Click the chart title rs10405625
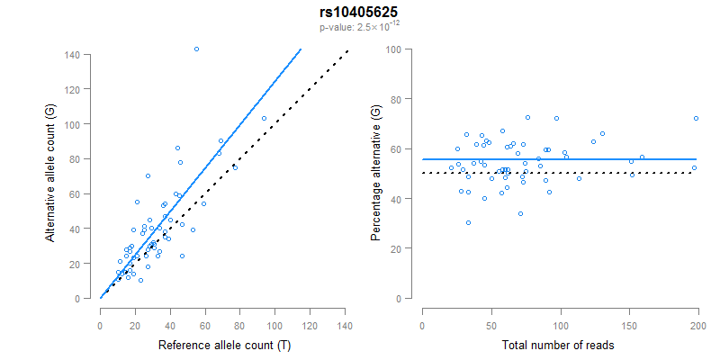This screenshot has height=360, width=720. [x=358, y=13]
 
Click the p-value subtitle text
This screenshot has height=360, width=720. [x=358, y=28]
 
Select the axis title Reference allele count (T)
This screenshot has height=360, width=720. [x=223, y=345]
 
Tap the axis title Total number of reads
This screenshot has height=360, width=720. [x=560, y=345]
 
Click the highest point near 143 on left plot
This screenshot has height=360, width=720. [x=196, y=49]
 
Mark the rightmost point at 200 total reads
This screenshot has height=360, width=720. [x=696, y=118]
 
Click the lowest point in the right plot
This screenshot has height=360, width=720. [x=468, y=222]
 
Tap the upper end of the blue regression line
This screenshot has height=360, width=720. [x=301, y=49]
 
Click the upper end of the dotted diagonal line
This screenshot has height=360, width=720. [x=347, y=51]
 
